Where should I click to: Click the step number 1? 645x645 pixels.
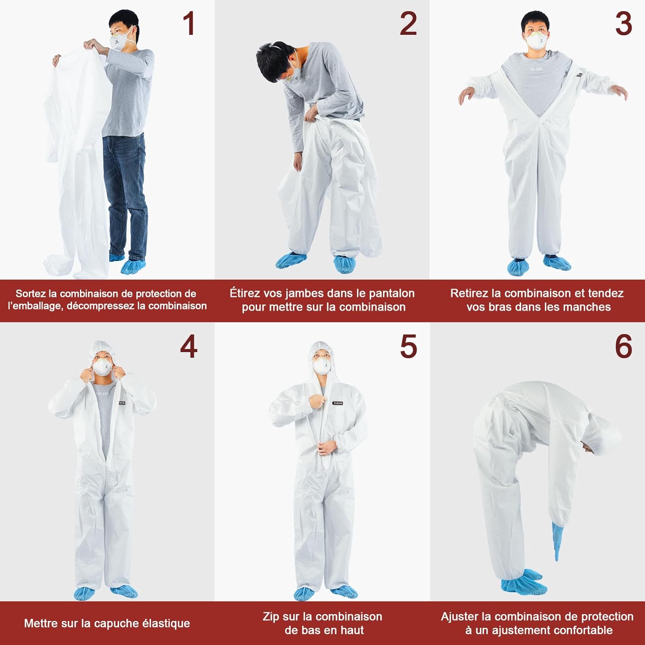click(x=189, y=24)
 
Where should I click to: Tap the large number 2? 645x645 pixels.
click(x=408, y=24)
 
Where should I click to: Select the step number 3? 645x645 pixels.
click(x=623, y=24)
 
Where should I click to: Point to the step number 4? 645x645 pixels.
click(x=189, y=346)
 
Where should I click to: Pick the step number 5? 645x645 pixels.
click(x=408, y=346)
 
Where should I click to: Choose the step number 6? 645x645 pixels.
click(x=623, y=346)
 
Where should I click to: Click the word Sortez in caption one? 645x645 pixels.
click(x=31, y=294)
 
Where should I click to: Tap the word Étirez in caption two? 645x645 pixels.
click(x=245, y=293)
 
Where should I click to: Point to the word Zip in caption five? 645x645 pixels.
click(x=270, y=617)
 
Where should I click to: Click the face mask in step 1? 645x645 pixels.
click(x=120, y=40)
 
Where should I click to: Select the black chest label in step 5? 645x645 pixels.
click(x=338, y=403)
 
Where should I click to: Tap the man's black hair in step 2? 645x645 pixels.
click(x=275, y=60)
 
